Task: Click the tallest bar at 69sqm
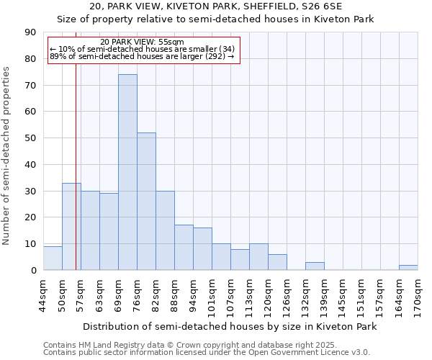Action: [127, 173]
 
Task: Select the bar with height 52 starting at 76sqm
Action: [146, 202]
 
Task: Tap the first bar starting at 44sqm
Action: [53, 258]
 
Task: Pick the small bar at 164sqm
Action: [408, 268]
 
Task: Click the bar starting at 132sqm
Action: [315, 266]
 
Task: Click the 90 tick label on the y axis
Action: [30, 32]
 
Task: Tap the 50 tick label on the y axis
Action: [30, 138]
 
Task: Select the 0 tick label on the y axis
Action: [33, 270]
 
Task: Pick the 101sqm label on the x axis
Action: [212, 295]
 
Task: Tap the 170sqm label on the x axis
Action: [418, 295]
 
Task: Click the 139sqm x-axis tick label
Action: [324, 295]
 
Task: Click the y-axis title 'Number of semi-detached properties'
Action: [7, 156]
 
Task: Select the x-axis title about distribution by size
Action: [230, 326]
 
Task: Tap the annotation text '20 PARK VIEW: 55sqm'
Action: [142, 42]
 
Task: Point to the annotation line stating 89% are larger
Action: [142, 56]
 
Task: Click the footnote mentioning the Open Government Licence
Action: [207, 353]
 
